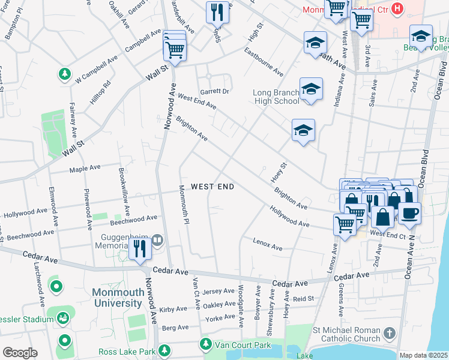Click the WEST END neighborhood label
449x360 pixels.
pos(212,187)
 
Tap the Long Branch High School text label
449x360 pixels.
pos(276,97)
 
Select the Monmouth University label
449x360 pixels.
pos(117,298)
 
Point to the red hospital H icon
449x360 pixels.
pos(396,8)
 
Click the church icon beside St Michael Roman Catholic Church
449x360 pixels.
pos(390,333)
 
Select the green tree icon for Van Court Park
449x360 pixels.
pos(206,344)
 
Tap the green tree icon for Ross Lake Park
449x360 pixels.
pos(163,351)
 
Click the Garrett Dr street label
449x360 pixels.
pos(215,91)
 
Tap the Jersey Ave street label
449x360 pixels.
pos(219,291)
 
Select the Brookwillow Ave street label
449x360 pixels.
pos(124,191)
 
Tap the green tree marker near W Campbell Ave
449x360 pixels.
pos(64,74)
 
